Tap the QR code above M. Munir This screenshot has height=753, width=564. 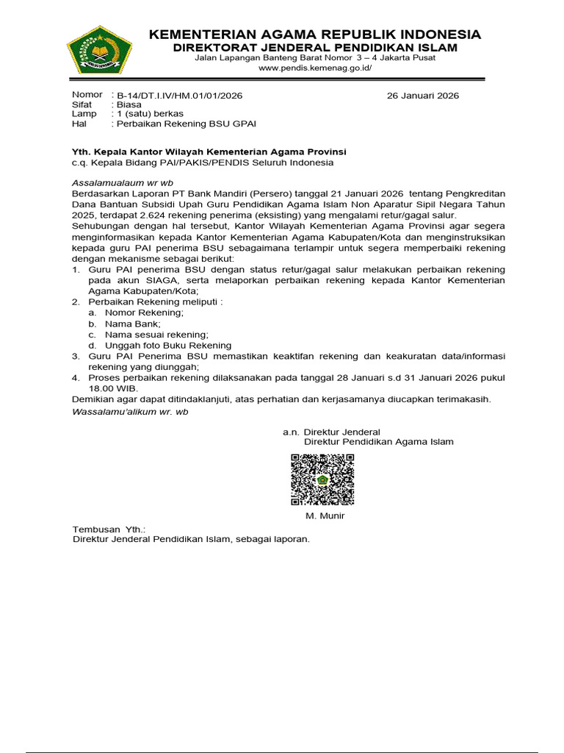tap(322, 480)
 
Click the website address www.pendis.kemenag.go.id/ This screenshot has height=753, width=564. tap(315, 68)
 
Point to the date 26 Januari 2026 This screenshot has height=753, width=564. tap(422, 96)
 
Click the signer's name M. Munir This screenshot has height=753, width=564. tap(325, 515)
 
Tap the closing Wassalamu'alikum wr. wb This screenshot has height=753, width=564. tap(130, 412)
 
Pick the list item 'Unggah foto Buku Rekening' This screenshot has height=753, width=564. tap(158, 345)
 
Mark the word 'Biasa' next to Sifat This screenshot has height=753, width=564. tap(129, 105)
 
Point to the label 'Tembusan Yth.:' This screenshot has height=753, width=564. tap(109, 529)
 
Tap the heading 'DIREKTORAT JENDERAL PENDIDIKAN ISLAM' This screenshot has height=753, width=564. tap(315, 49)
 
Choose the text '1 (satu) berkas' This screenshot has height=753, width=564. tap(151, 115)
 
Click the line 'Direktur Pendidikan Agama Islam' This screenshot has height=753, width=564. tap(378, 442)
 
